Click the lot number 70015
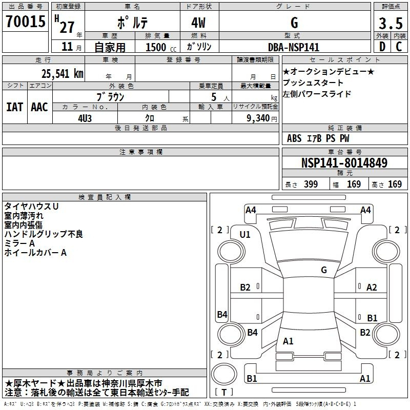pyautogui.click(x=26, y=22)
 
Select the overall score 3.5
pyautogui.click(x=391, y=23)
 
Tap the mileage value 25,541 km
pyautogui.click(x=62, y=74)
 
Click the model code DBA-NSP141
pyautogui.click(x=294, y=47)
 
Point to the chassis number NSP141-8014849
pyautogui.click(x=344, y=163)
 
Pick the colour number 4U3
pyautogui.click(x=85, y=118)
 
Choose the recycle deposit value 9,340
pyautogui.click(x=258, y=118)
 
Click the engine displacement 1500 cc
pyautogui.click(x=161, y=47)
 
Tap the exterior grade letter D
pyautogui.click(x=382, y=47)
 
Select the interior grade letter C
pyautogui.click(x=399, y=47)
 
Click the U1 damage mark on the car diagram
pyautogui.click(x=245, y=235)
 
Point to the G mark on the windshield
pyautogui.click(x=324, y=270)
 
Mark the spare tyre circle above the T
pyautogui.click(x=224, y=374)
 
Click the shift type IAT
pyautogui.click(x=14, y=107)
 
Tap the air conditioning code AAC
pyautogui.click(x=39, y=107)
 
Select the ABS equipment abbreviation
pyautogui.click(x=294, y=138)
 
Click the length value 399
pyautogui.click(x=311, y=184)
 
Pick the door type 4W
pyautogui.click(x=198, y=23)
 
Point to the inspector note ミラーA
pyautogui.click(x=19, y=243)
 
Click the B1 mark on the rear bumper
pyautogui.click(x=252, y=378)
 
